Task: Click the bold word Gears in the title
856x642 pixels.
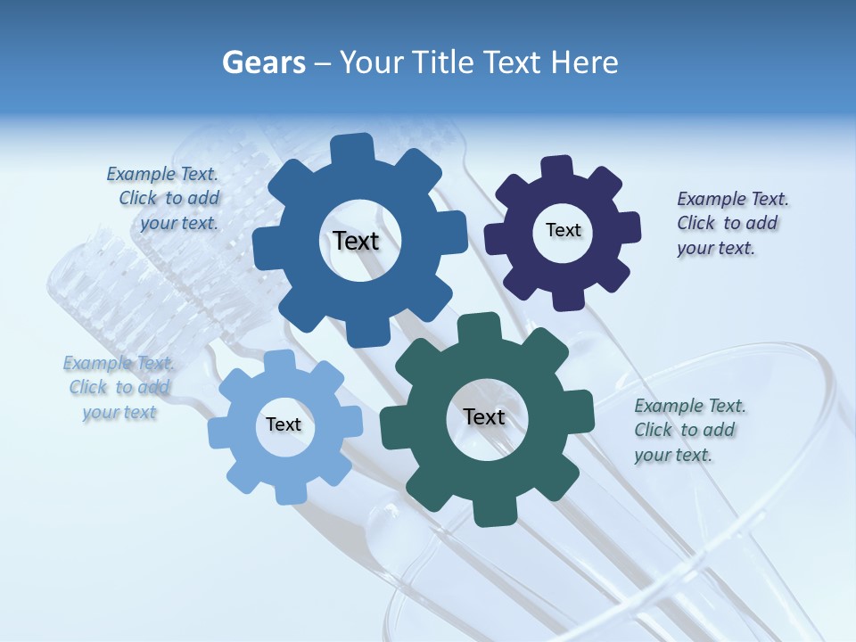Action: (x=263, y=62)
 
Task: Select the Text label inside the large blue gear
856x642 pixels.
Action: (x=356, y=241)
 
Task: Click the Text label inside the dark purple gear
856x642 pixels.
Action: (x=563, y=230)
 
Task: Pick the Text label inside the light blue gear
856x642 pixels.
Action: (x=283, y=424)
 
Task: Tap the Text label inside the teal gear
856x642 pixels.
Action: (x=484, y=416)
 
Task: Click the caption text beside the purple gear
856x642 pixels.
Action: (x=732, y=223)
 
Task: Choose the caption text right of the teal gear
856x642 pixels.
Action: (x=689, y=430)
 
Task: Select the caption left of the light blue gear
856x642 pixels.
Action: (x=119, y=387)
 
